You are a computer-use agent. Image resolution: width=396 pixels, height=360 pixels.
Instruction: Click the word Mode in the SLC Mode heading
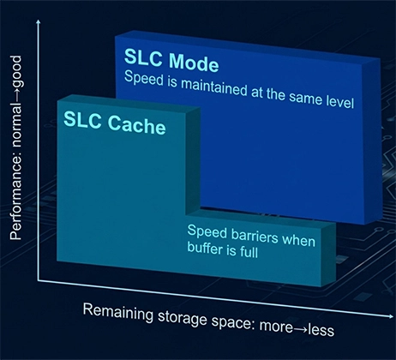194,62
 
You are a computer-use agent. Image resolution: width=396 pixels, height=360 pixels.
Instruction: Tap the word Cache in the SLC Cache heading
136,125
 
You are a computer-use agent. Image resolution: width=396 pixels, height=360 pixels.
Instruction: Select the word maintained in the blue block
214,87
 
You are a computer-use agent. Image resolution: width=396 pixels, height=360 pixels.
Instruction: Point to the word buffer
205,248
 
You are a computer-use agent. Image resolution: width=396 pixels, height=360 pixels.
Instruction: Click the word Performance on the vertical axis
15,206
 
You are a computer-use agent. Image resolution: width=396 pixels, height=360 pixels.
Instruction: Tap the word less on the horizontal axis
321,330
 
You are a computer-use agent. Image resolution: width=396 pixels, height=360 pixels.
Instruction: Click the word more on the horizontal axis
276,327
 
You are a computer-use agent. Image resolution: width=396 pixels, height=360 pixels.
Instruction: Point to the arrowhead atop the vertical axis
39,21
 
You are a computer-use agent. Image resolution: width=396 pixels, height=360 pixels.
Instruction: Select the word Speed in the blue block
144,78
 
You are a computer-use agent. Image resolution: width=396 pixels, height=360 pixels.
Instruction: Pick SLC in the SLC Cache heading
82,119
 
